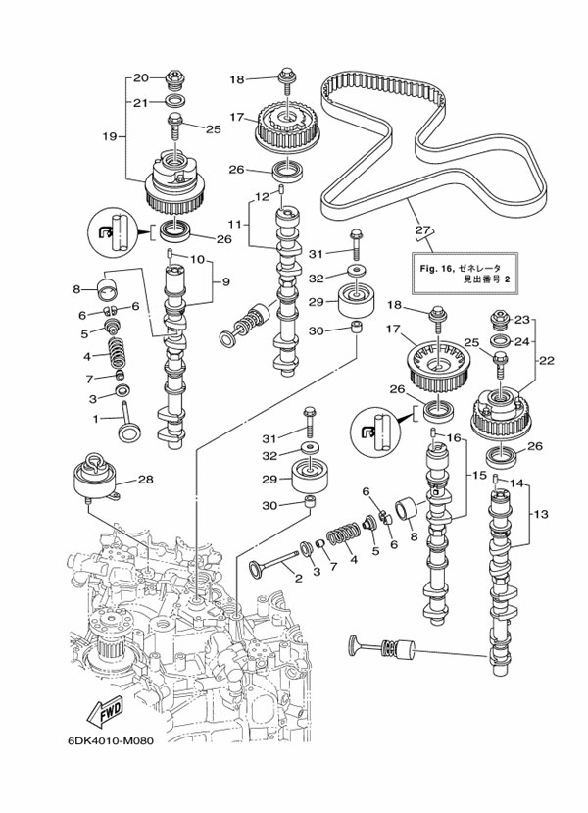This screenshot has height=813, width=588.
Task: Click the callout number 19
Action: [x=109, y=136]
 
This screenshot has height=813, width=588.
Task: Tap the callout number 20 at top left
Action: [x=140, y=77]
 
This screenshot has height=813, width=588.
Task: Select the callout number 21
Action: [x=140, y=101]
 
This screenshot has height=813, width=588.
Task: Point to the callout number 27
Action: [x=422, y=231]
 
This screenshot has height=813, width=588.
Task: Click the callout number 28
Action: [x=145, y=480]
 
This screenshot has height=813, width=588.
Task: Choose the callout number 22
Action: [x=546, y=360]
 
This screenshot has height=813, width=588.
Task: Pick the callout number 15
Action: [x=479, y=475]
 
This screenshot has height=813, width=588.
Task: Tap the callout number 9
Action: [x=224, y=281]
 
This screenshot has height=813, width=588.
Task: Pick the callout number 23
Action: [x=521, y=320]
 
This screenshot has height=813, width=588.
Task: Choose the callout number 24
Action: [x=521, y=342]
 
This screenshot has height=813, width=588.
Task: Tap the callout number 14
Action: [x=518, y=483]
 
